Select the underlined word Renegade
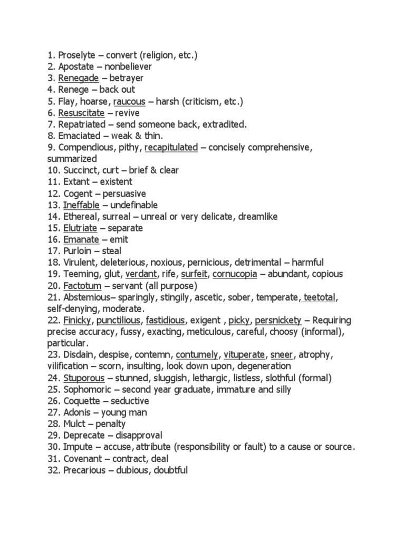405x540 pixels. (x=79, y=79)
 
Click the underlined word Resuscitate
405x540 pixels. (x=81, y=113)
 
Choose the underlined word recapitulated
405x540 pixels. (x=171, y=148)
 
